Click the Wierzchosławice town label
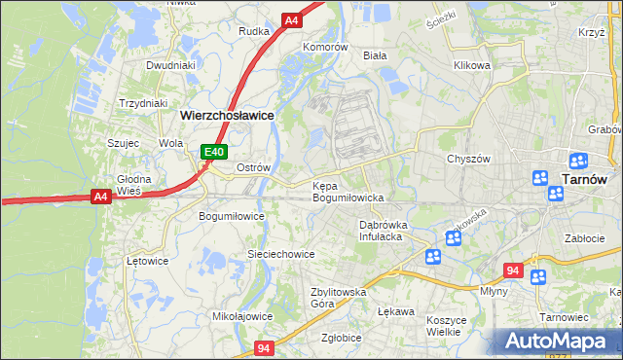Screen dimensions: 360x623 click(x=227, y=115)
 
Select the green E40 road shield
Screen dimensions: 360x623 click(x=215, y=152)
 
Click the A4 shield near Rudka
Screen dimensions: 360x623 click(x=291, y=19)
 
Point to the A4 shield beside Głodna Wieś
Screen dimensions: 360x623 click(x=100, y=197)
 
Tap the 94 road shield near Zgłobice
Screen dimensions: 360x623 click(x=264, y=347)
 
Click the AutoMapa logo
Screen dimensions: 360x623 click(x=558, y=342)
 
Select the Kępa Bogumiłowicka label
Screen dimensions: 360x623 click(x=348, y=192)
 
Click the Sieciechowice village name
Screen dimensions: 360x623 click(x=280, y=254)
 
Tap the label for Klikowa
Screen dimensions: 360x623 click(x=471, y=66)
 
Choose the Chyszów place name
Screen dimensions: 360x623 click(x=466, y=159)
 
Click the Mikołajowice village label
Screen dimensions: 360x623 click(x=242, y=316)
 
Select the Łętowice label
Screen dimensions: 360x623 click(x=148, y=261)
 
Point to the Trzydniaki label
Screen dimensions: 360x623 click(x=143, y=103)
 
